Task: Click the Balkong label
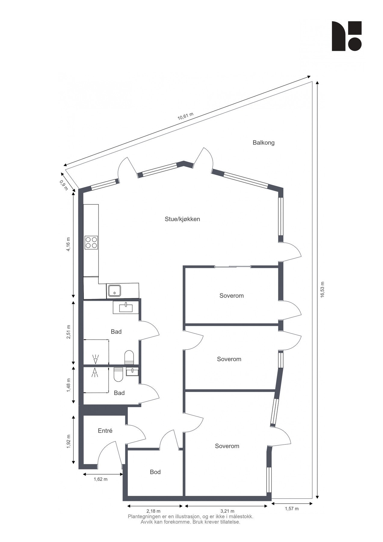264,143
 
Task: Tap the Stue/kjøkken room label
182,219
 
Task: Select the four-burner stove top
91,242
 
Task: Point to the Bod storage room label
155,472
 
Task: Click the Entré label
105,431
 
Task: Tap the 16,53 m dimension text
323,290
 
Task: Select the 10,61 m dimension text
185,116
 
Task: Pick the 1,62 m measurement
100,479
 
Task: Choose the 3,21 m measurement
227,511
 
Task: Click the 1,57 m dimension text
292,509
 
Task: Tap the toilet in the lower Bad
118,375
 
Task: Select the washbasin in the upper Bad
125,308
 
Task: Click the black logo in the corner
347,36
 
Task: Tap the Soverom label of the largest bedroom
227,446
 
